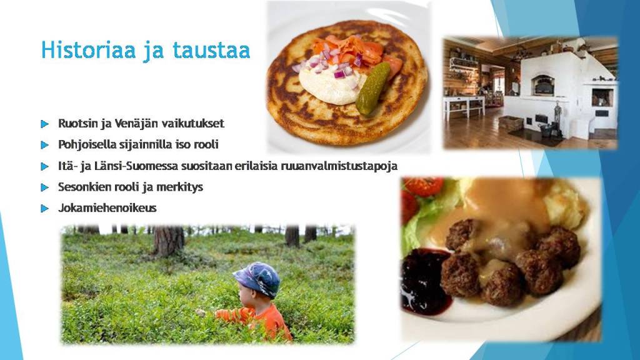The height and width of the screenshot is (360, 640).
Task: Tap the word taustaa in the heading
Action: [211, 50]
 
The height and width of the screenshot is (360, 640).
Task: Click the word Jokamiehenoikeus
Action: [107, 207]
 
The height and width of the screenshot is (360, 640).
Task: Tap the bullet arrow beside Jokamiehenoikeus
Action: [44, 209]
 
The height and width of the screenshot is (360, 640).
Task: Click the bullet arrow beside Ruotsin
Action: [44, 124]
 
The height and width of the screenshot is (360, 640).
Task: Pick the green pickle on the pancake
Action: [372, 88]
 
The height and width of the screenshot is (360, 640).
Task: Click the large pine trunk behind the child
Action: [167, 241]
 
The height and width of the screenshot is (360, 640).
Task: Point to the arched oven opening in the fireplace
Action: [542, 84]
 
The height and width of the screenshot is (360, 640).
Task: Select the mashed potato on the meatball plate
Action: [567, 205]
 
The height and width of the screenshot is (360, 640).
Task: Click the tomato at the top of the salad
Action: [424, 186]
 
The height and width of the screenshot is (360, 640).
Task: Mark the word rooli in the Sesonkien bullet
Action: [127, 186]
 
